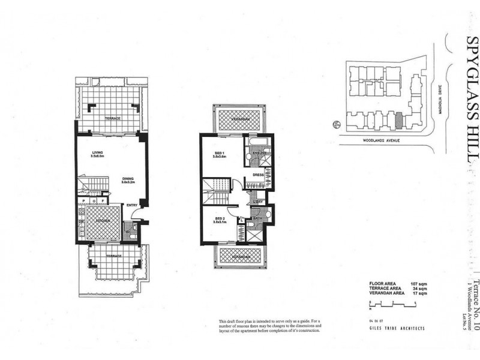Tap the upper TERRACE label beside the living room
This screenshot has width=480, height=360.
[x=113, y=118]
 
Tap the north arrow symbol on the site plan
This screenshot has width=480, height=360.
[x=335, y=125]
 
